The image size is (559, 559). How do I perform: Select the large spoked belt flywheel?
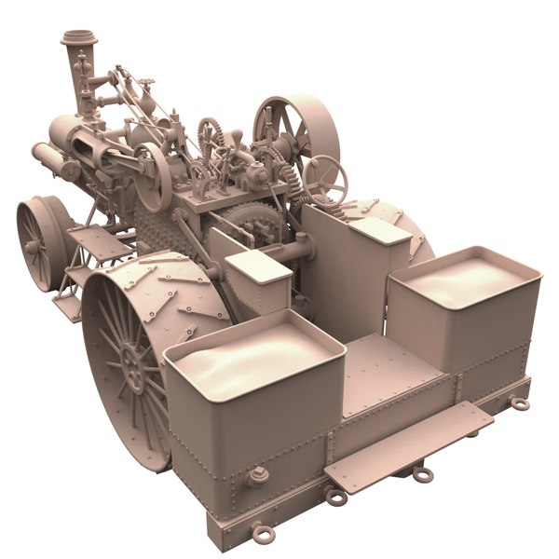click(295, 130)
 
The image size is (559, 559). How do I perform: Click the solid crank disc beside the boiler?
click(151, 175)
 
